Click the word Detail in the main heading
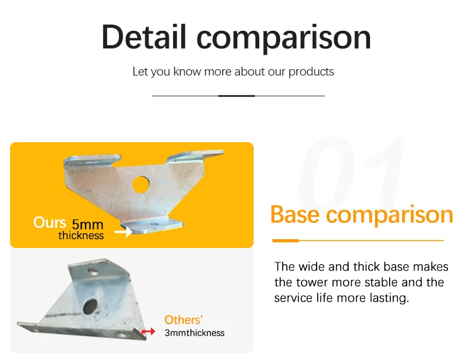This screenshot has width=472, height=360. point(144,37)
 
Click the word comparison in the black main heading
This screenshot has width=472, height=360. point(284,39)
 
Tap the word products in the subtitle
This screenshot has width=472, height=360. point(311,72)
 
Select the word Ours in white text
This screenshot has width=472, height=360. point(49,222)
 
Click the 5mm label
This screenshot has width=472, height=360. point(87,225)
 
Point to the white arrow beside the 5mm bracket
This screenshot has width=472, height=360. point(123,232)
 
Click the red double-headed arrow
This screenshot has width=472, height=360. point(148,332)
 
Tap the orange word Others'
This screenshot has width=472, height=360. point(183,320)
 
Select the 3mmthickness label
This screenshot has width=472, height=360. point(194,333)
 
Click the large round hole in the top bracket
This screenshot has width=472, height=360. point(141,185)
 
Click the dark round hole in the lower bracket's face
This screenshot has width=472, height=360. point(90,307)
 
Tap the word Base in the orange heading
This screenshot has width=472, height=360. point(295,215)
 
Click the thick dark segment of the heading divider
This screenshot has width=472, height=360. point(237,96)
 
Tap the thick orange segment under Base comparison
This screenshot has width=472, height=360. point(285,240)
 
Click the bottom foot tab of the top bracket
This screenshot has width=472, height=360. point(152,226)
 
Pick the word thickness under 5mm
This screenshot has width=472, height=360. point(81,235)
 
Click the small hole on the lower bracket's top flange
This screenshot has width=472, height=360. point(93,271)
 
